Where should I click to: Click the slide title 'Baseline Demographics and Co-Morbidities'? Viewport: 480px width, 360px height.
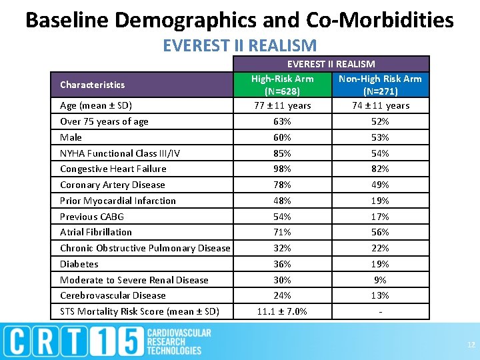click(239, 19)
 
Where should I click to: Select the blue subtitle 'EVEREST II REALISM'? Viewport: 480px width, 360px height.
click(239, 45)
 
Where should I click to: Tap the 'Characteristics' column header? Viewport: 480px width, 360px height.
click(92, 85)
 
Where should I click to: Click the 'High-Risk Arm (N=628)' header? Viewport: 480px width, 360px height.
click(282, 85)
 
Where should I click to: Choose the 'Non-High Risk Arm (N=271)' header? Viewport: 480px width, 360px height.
click(380, 85)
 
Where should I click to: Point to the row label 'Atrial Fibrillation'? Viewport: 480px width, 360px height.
click(96, 232)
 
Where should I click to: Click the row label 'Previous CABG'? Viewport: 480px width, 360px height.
click(92, 217)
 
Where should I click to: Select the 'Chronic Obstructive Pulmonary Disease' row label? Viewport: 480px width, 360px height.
click(145, 248)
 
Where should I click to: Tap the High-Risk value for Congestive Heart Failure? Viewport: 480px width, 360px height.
click(282, 169)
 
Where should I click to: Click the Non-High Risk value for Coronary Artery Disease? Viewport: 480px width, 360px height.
click(380, 185)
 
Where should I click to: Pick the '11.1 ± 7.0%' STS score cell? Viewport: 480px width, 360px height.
click(282, 311)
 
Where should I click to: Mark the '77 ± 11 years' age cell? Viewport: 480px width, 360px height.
click(282, 105)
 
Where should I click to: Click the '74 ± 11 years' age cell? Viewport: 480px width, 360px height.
click(380, 105)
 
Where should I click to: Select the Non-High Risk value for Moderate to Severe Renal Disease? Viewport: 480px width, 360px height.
click(380, 280)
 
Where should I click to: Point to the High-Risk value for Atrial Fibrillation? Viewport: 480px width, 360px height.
click(282, 232)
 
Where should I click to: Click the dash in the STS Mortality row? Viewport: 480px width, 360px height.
click(380, 311)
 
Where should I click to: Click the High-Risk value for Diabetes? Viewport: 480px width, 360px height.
click(282, 264)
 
